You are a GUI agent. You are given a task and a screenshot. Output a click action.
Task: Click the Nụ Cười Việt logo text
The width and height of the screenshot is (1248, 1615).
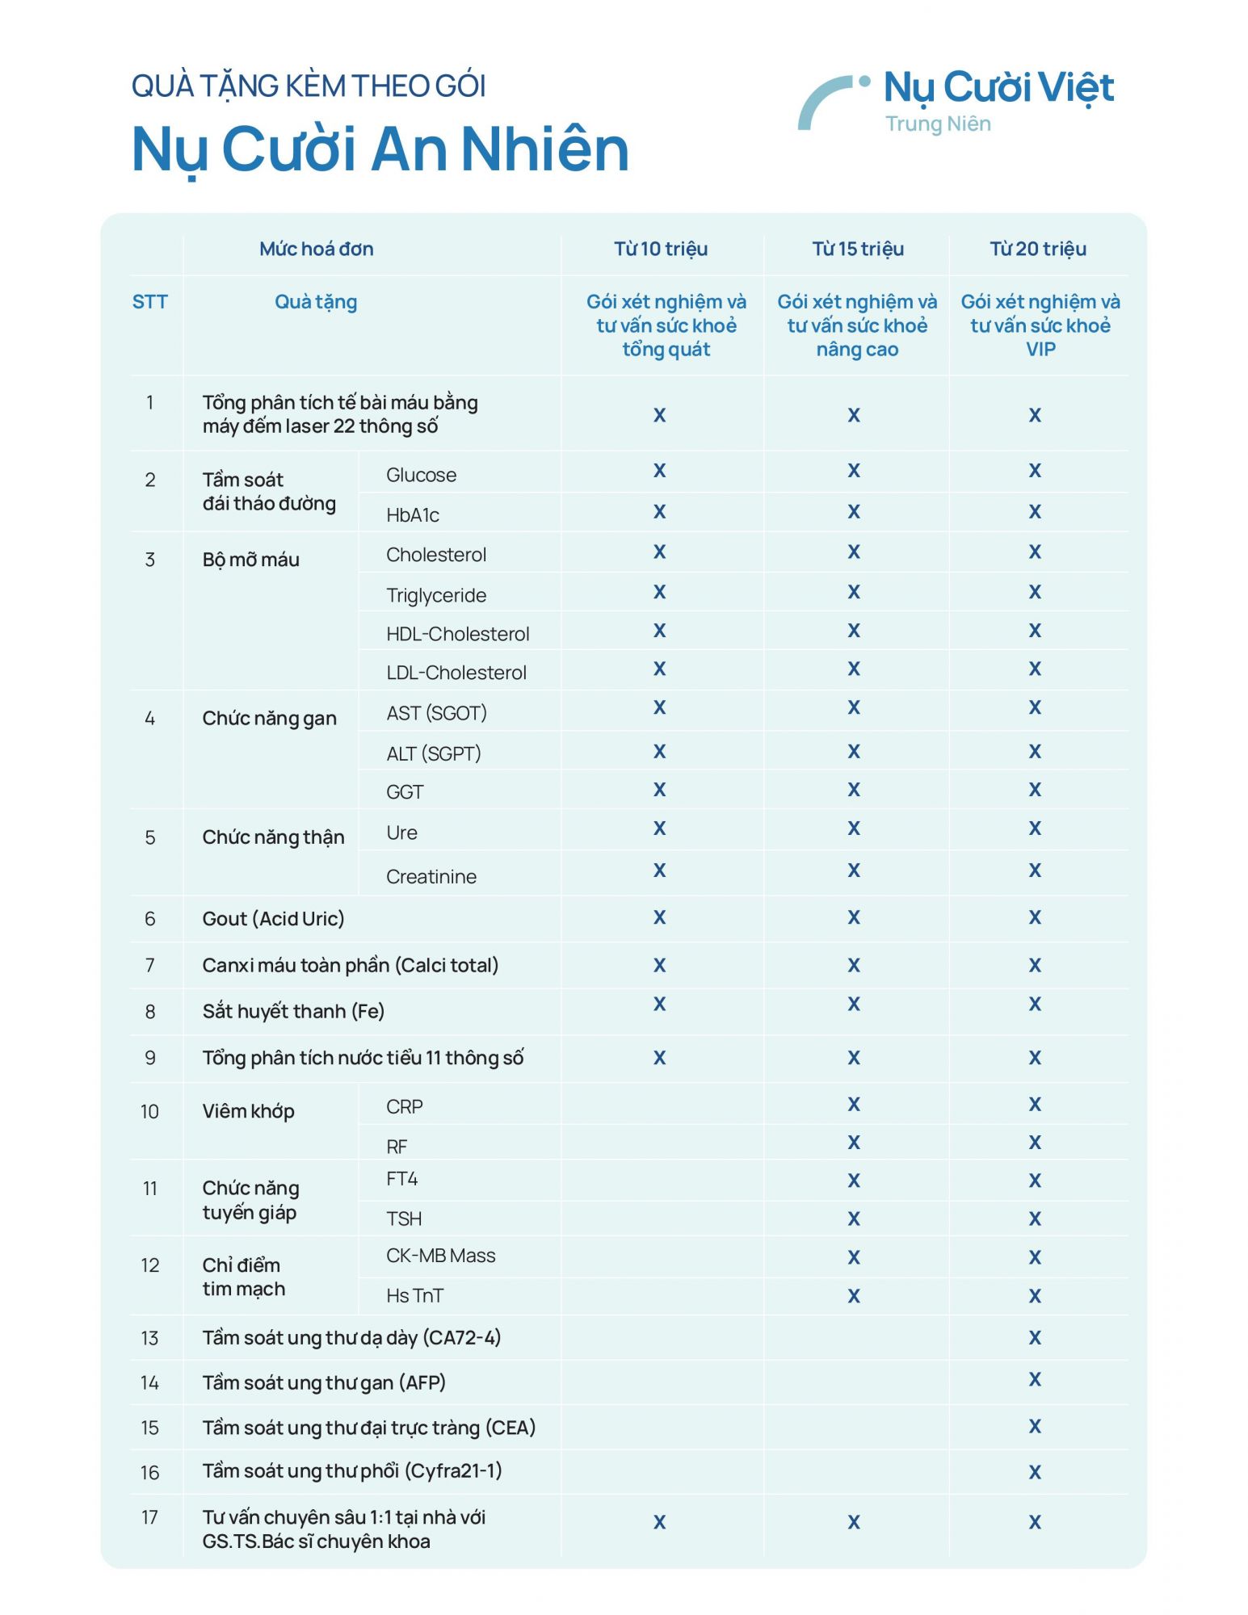tap(998, 88)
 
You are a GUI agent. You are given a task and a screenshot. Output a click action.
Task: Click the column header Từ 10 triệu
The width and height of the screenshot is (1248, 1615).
tap(660, 249)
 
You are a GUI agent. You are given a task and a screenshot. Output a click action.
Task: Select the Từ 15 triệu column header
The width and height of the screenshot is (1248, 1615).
tap(857, 249)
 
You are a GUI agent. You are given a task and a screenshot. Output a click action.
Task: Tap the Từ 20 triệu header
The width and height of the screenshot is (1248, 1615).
tap(1038, 249)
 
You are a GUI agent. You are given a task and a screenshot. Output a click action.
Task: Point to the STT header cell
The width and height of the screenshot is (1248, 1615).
tap(149, 302)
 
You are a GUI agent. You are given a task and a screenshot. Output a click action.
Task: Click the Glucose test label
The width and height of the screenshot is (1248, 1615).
tap(421, 475)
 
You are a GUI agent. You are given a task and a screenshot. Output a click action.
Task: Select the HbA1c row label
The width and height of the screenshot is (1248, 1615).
tap(412, 515)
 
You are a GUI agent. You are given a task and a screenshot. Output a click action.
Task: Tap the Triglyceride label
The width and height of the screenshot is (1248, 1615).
tap(436, 595)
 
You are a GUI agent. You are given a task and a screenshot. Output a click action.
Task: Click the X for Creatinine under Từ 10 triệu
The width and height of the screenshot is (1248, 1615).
tap(659, 870)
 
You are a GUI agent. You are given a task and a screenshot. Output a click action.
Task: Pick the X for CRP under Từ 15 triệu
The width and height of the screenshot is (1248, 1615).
tap(854, 1104)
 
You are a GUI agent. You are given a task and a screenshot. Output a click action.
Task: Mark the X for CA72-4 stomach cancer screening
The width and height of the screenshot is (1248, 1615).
tap(1035, 1338)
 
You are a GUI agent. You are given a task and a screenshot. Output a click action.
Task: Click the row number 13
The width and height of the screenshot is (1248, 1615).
tap(149, 1338)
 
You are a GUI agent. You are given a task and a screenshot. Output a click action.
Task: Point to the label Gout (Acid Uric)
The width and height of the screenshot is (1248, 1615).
tap(273, 918)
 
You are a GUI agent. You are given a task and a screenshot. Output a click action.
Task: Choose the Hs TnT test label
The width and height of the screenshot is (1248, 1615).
tap(414, 1295)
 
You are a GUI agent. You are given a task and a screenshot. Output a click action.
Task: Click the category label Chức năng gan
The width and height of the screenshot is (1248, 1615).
tap(269, 718)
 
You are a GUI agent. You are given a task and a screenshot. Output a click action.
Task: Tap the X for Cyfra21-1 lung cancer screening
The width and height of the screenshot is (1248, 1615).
tap(1035, 1472)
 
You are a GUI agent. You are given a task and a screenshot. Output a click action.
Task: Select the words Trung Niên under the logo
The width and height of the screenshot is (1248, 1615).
tap(938, 124)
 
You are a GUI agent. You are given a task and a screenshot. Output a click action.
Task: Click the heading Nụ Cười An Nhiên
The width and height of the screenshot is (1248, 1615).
tap(380, 149)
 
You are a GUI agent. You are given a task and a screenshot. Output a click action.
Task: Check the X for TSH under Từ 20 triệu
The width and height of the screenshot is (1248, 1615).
tap(1035, 1219)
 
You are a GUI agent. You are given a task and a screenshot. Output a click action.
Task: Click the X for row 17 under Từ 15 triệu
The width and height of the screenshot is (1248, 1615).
tap(854, 1522)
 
